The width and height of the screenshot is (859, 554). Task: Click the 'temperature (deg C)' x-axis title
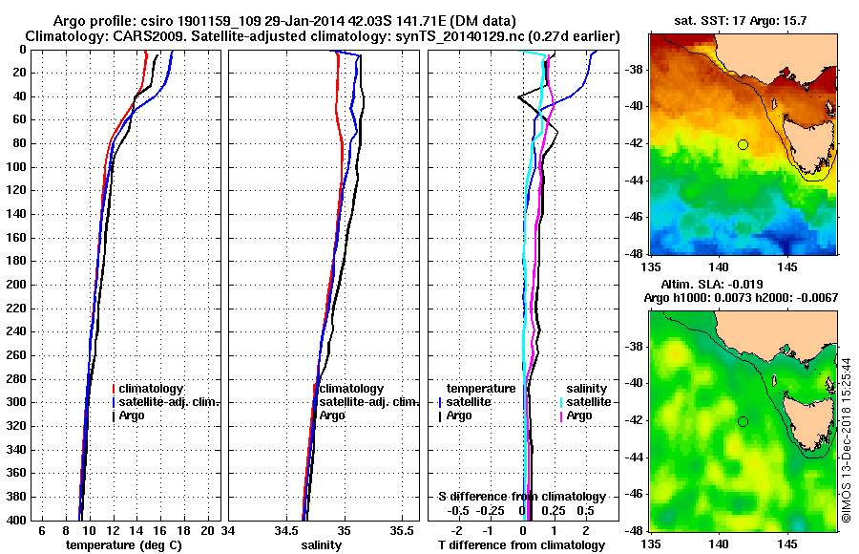click(x=123, y=544)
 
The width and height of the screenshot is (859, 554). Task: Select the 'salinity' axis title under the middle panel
click(x=322, y=544)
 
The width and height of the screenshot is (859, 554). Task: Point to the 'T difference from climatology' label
click(x=522, y=544)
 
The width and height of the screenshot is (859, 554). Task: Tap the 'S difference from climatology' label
click(x=522, y=497)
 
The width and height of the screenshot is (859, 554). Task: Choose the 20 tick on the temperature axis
click(x=209, y=530)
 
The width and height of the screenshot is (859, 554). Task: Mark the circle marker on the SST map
click(x=743, y=144)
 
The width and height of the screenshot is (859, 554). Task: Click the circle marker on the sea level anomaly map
click(x=743, y=421)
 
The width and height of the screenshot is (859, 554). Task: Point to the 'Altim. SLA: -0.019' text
click(x=714, y=285)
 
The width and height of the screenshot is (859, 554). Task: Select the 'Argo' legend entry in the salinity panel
click(x=332, y=415)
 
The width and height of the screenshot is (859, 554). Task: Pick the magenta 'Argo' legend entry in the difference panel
click(x=579, y=415)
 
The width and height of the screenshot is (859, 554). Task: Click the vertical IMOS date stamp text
click(x=847, y=440)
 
